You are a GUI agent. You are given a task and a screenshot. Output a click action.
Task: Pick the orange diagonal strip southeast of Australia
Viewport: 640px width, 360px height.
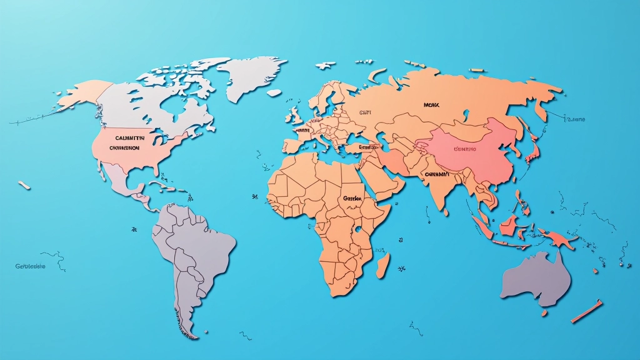(x=587, y=311)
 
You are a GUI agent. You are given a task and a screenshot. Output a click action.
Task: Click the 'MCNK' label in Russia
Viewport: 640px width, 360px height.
(x=432, y=106)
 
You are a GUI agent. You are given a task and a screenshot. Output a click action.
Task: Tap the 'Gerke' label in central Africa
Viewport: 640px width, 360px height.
(x=352, y=198)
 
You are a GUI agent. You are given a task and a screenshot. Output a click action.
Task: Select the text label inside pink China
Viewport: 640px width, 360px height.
(x=464, y=149)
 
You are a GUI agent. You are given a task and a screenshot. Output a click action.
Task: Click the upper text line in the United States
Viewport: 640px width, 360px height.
(x=130, y=137)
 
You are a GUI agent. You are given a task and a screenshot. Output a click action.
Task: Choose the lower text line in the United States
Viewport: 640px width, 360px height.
(x=124, y=148)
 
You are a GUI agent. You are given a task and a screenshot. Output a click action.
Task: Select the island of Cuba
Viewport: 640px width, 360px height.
(x=161, y=185)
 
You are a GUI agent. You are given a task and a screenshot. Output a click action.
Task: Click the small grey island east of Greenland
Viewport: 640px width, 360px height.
(x=273, y=92)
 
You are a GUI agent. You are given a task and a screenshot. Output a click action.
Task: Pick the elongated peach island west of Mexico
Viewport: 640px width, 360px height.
(x=24, y=185)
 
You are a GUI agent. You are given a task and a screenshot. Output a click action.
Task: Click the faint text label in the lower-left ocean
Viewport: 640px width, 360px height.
(x=31, y=266)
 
